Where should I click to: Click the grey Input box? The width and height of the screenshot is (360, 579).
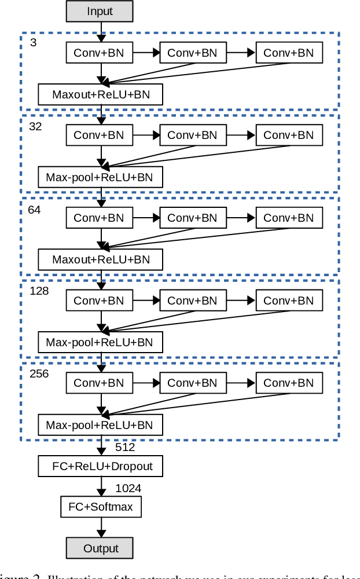[100, 11]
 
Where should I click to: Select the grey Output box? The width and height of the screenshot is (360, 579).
[100, 548]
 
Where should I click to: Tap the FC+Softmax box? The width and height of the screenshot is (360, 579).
[101, 507]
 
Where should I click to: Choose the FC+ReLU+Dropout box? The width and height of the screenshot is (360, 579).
[101, 466]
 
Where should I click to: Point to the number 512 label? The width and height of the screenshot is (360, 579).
[125, 447]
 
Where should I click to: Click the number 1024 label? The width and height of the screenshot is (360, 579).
[128, 488]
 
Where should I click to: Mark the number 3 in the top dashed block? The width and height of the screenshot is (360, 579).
[33, 43]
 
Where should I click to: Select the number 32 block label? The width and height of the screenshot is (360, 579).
[35, 126]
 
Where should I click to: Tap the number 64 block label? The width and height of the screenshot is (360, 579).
[34, 210]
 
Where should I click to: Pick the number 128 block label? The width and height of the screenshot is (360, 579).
[39, 291]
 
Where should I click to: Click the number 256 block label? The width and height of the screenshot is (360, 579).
[39, 373]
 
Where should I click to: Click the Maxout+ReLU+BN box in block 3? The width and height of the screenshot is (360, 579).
[101, 94]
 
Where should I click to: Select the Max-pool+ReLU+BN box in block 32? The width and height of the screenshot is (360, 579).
[101, 177]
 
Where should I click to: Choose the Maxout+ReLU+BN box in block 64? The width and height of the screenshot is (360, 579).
[101, 259]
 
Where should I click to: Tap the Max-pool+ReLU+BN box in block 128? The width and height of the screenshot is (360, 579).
[101, 342]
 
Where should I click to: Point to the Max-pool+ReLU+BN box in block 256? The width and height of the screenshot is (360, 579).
[101, 425]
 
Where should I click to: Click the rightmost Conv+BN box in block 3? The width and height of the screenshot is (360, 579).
[288, 53]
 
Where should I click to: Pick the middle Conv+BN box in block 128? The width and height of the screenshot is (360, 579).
[192, 301]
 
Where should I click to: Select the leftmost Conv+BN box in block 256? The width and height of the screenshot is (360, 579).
[99, 383]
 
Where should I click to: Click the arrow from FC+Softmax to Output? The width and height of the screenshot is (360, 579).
[101, 527]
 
